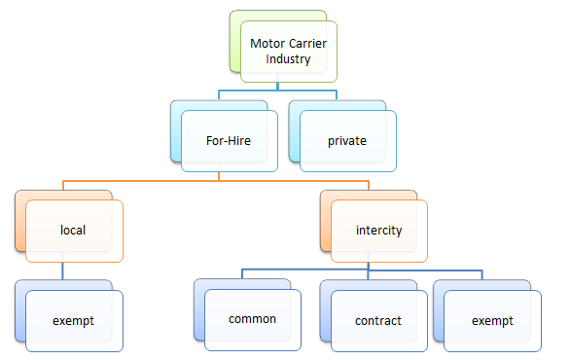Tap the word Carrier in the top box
click(x=310, y=44)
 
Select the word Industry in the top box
click(x=289, y=59)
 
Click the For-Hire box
click(x=229, y=140)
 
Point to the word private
click(x=347, y=140)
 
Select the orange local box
click(x=73, y=231)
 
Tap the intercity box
click(x=378, y=231)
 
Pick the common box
click(x=252, y=319)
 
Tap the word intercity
click(x=378, y=231)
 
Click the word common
click(x=252, y=319)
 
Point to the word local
click(x=73, y=231)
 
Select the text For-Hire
click(x=229, y=140)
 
